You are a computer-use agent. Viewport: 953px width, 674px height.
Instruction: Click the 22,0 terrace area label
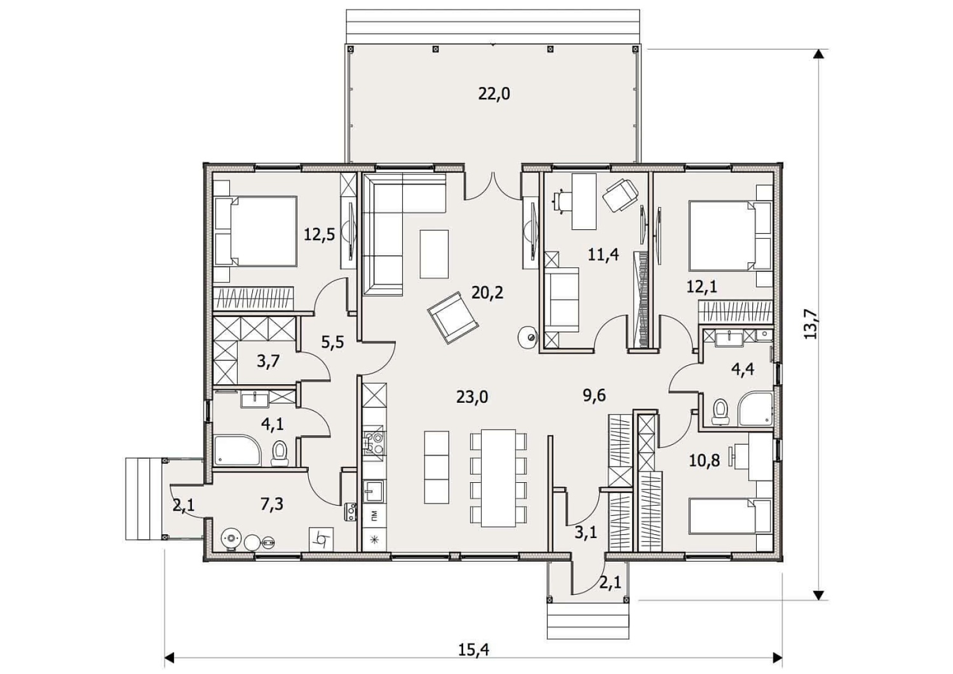(x=494, y=93)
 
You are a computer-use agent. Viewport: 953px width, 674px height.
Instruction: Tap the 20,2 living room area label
(x=487, y=293)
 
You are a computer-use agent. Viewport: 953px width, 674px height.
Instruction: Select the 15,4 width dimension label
(x=474, y=649)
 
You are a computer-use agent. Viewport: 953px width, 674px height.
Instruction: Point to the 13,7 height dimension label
(x=811, y=323)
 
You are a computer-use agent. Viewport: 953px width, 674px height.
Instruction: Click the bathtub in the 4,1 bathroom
(x=237, y=450)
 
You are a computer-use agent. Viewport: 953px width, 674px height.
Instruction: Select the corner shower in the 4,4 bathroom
(x=756, y=408)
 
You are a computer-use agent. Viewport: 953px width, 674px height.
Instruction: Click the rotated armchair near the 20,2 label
(x=453, y=317)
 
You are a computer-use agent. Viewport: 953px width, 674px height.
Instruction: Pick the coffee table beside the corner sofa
(x=434, y=253)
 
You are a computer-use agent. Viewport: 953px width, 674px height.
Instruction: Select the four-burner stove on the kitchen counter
(x=374, y=443)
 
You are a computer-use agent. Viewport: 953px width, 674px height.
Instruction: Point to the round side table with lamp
(x=528, y=337)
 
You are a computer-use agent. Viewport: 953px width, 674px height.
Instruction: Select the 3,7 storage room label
(x=268, y=361)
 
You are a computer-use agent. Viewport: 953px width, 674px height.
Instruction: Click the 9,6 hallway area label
(x=594, y=395)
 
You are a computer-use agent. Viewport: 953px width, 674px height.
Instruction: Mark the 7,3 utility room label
(x=272, y=504)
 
